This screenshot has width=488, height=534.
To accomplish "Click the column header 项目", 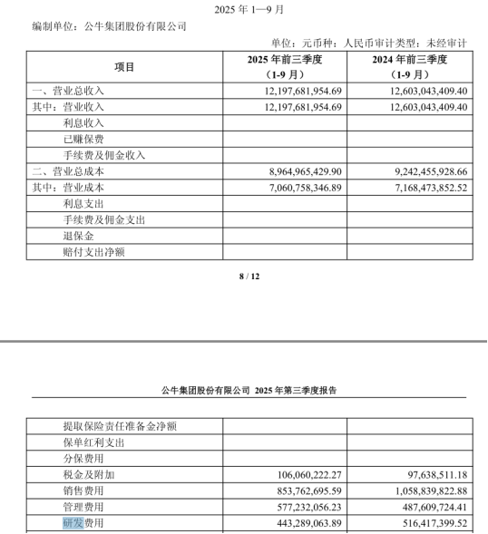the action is tap(124, 66).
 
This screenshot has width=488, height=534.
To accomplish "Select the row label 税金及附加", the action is tap(89, 474).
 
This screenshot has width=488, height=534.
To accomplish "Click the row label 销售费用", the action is tap(83, 490).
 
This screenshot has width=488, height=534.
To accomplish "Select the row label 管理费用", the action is tap(83, 507).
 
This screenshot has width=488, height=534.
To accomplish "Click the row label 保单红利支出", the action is tap(94, 442).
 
